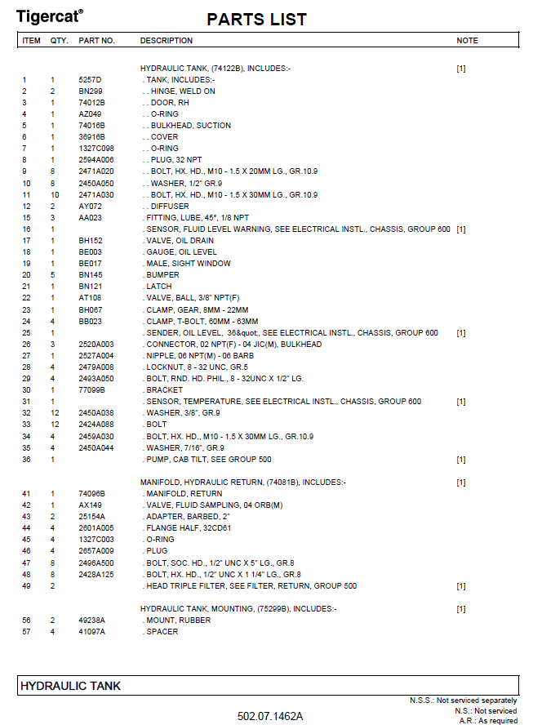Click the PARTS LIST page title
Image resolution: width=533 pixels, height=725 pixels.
(256, 19)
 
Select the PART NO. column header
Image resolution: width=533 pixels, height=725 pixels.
(96, 40)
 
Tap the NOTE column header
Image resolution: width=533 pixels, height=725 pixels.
(467, 40)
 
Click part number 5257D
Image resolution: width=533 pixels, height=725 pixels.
(89, 80)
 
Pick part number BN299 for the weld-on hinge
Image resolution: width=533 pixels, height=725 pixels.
(90, 91)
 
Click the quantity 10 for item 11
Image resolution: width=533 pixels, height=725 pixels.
(55, 195)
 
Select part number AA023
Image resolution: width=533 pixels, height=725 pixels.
(90, 218)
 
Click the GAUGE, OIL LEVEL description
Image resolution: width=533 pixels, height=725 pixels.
(180, 252)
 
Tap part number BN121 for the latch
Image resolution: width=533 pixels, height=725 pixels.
(90, 287)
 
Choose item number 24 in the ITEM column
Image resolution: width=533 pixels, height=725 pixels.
(26, 322)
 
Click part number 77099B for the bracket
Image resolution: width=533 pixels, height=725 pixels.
(92, 390)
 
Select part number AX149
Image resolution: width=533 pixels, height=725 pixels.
(90, 505)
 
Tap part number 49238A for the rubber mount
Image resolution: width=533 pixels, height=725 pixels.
(92, 620)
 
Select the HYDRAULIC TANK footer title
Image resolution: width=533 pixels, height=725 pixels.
(70, 687)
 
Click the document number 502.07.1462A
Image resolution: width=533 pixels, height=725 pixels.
(270, 716)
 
